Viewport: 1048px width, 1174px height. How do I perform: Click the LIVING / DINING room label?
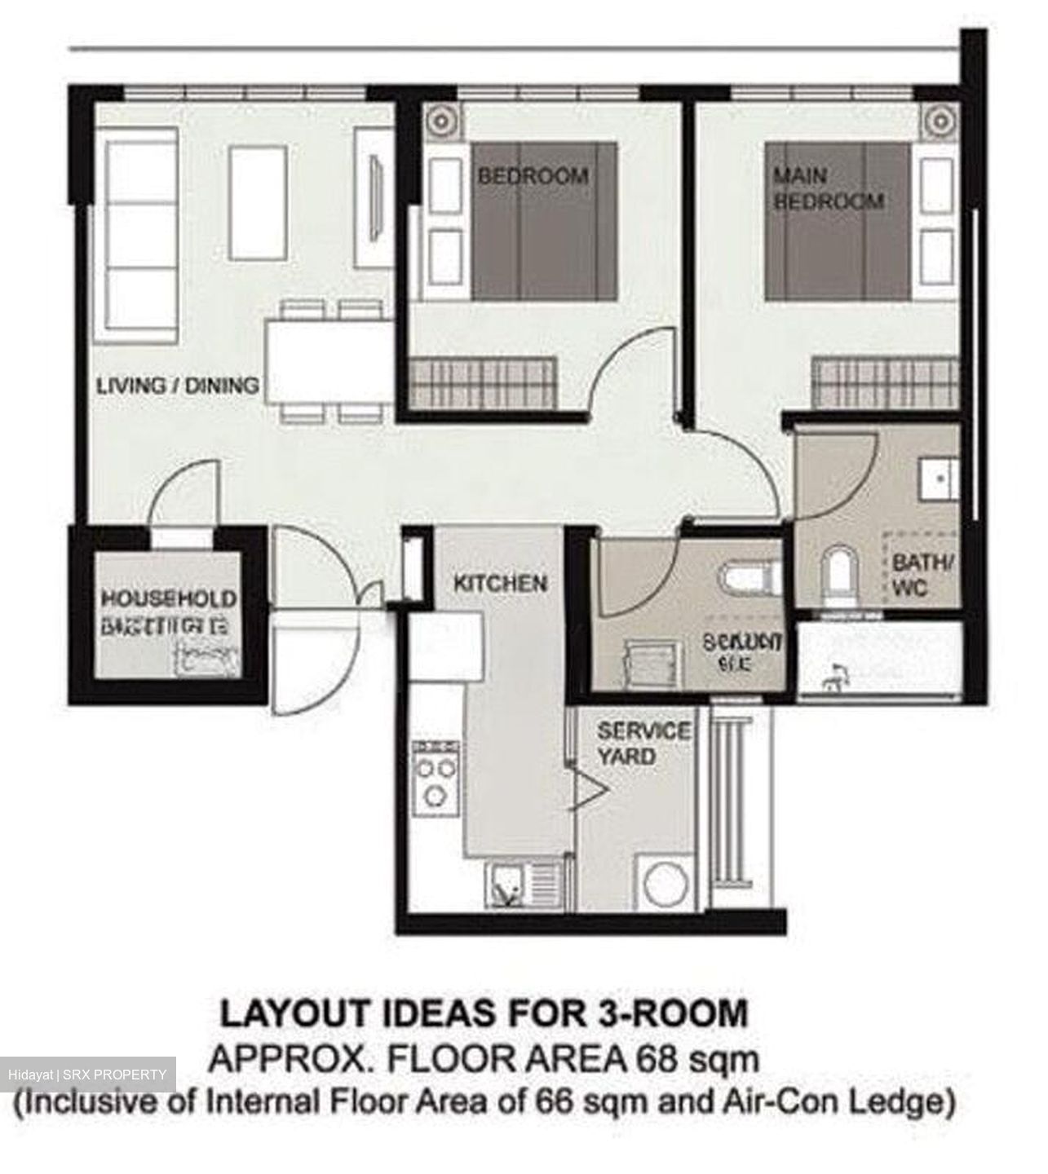178,385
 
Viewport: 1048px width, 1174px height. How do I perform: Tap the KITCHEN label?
500,584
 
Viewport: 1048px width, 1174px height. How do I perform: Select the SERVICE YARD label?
643,743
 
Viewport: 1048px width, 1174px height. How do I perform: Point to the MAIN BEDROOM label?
828,188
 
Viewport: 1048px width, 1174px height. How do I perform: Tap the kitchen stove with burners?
436,770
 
